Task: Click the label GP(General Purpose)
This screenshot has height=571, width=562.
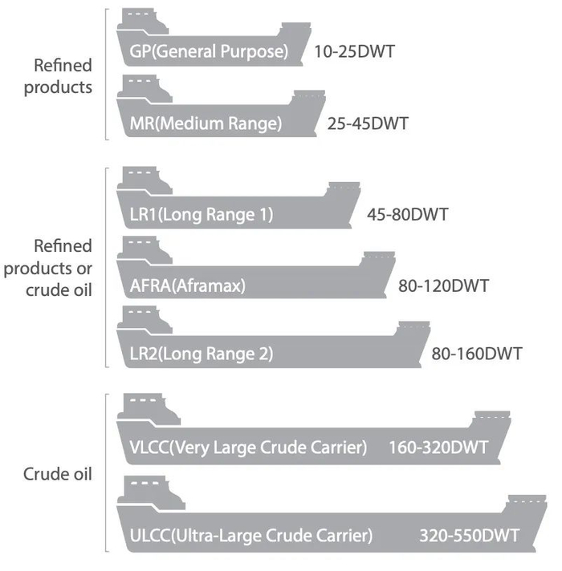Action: [x=208, y=52]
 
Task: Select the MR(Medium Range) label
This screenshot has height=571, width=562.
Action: [x=206, y=124]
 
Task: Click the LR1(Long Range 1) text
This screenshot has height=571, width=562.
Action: [x=202, y=214]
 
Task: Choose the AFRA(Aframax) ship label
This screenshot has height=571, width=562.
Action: [x=187, y=285]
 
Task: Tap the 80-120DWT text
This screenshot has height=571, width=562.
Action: [x=444, y=285]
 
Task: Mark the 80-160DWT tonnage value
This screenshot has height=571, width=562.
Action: [x=477, y=354]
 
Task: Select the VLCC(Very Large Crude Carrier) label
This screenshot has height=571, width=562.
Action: [x=248, y=447]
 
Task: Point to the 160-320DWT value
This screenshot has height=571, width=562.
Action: [x=438, y=447]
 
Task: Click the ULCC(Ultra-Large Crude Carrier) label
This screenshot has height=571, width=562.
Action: [x=250, y=534]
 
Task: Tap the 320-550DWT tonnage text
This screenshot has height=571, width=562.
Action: [x=469, y=534]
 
